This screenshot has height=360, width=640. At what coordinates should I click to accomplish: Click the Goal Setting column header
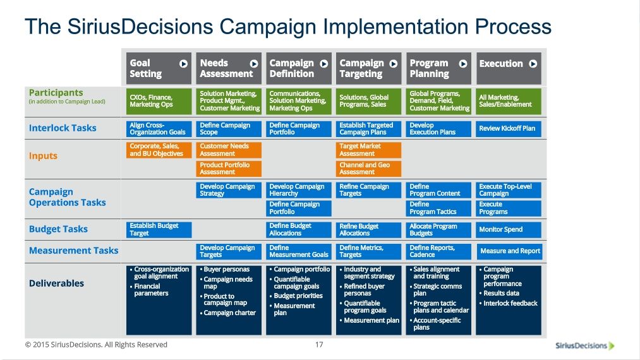(x=159, y=68)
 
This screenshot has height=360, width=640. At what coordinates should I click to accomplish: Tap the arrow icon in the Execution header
(x=533, y=64)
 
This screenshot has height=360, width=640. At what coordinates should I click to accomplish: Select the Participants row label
(x=56, y=93)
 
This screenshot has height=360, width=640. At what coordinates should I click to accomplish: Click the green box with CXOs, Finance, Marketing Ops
(x=159, y=101)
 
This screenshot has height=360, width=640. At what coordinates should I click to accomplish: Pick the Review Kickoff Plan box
(x=509, y=128)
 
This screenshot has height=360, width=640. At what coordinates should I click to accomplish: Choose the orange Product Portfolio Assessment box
(x=229, y=169)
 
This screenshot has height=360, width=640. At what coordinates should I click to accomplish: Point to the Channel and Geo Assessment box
(x=368, y=169)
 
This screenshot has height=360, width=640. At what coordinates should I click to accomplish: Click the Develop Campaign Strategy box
(x=229, y=190)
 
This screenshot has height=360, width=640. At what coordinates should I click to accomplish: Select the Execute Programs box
(x=509, y=208)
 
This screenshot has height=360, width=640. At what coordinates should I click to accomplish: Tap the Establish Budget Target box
(x=159, y=229)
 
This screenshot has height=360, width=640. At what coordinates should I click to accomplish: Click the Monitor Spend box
(x=509, y=229)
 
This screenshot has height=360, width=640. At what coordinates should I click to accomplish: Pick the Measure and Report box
(x=509, y=251)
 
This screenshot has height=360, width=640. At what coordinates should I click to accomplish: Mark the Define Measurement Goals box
(x=299, y=251)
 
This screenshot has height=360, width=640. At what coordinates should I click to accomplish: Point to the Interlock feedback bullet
(x=508, y=303)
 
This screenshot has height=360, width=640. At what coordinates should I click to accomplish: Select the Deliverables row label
(x=56, y=284)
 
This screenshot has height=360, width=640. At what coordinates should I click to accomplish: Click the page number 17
(x=319, y=344)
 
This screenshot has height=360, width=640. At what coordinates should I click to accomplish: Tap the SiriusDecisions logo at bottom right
(x=585, y=345)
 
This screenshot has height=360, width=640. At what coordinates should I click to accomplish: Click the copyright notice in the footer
(x=96, y=344)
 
